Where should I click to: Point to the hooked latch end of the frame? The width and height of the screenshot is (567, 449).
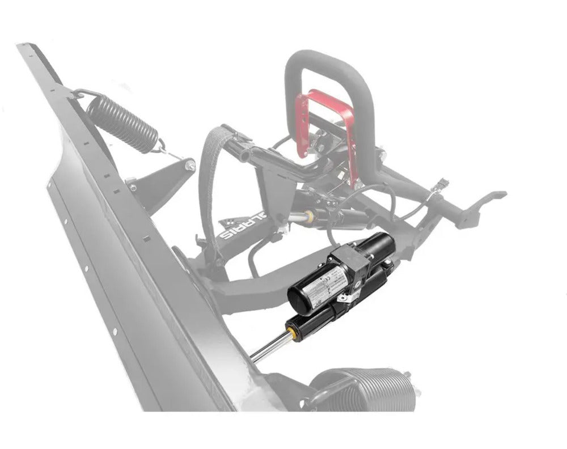pos(488,198)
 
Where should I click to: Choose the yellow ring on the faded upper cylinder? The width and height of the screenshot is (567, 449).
pos(310,214)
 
